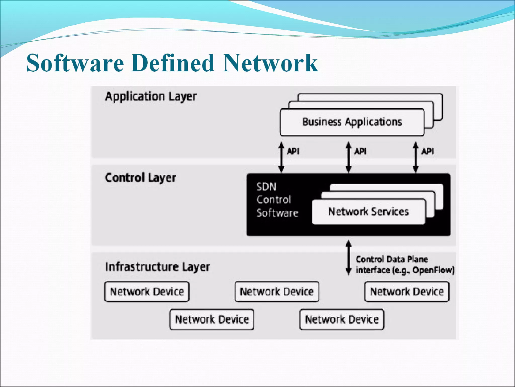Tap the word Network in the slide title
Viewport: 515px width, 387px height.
click(x=270, y=63)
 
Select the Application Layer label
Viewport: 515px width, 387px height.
click(x=151, y=96)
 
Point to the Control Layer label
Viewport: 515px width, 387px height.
click(x=140, y=178)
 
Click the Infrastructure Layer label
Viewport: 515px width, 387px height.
click(x=157, y=267)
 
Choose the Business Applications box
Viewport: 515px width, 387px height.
click(x=352, y=122)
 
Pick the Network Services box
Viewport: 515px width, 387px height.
click(x=368, y=212)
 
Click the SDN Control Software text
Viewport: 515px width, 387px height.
click(x=277, y=200)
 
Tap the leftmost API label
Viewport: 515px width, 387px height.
click(x=293, y=151)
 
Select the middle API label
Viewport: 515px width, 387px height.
click(x=360, y=151)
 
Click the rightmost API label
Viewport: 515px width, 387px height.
click(x=427, y=151)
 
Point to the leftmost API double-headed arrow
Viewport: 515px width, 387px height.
click(x=281, y=157)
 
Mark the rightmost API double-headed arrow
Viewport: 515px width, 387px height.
click(x=416, y=157)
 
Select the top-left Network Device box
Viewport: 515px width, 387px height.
click(x=147, y=292)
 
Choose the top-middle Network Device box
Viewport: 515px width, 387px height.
click(x=277, y=292)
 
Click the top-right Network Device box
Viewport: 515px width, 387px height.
click(x=407, y=292)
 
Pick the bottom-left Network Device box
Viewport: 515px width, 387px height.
click(x=212, y=319)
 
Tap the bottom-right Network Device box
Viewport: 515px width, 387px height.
click(x=342, y=319)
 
